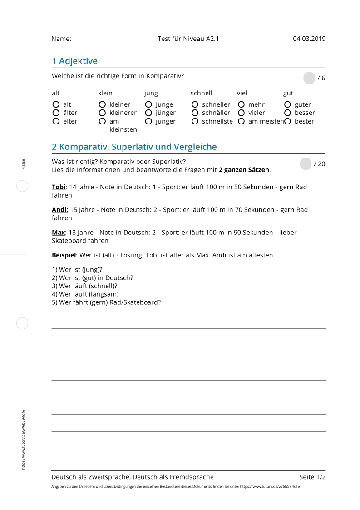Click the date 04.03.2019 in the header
click(309, 39)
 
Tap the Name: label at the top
click(61, 39)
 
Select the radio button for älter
click(56, 113)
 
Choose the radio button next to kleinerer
click(103, 113)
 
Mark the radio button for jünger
click(148, 113)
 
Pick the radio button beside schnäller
click(195, 113)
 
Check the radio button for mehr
click(242, 104)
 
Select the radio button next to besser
click(287, 113)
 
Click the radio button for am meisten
click(242, 121)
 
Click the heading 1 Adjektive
click(74, 61)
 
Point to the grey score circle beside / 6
click(309, 78)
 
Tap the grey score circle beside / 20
click(306, 164)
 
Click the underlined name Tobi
click(59, 187)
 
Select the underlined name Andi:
click(60, 209)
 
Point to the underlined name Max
click(58, 232)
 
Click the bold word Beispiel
click(64, 255)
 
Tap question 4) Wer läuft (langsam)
click(85, 294)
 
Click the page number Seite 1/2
click(312, 477)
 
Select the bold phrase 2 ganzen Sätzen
click(244, 170)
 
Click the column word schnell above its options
click(201, 93)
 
